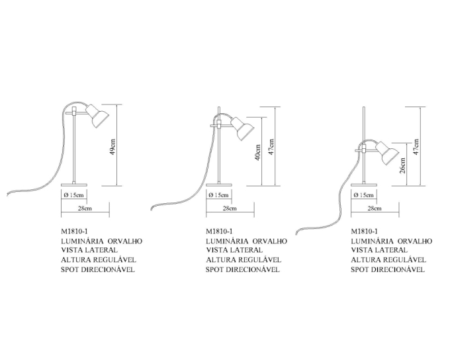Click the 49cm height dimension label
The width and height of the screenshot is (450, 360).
pos(112,148)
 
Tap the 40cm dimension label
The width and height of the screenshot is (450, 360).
pos(257,152)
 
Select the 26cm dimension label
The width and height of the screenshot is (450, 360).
pos(402,165)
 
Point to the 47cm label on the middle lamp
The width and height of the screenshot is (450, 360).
pos(271,147)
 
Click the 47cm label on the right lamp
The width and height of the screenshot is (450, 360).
pos(416,147)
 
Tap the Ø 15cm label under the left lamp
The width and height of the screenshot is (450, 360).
pos(74,195)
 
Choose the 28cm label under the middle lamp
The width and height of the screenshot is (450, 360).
pos(230,208)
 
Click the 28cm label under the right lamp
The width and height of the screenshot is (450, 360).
pos(375,208)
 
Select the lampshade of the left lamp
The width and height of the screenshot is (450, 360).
pos(97,116)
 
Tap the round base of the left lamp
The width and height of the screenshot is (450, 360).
pos(74,185)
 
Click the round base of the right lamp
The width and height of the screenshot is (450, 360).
pos(364,185)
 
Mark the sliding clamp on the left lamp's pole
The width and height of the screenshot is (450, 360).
pos(74,111)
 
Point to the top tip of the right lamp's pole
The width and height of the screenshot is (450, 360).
pos(364,107)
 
